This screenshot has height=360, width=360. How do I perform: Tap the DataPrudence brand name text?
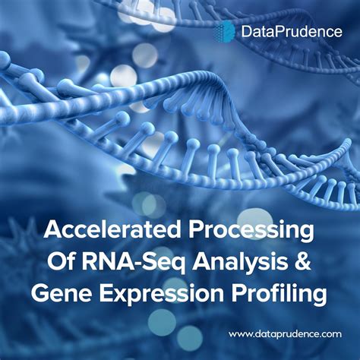pyautogui.click(x=279, y=32)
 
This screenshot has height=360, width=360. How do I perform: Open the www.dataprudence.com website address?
pyautogui.click(x=285, y=333)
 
